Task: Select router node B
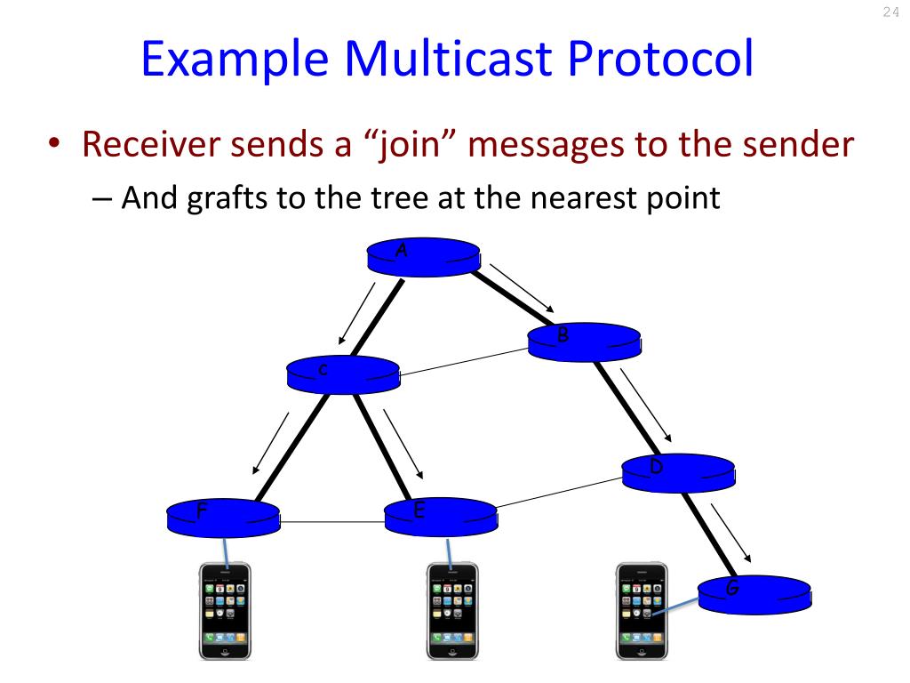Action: pos(584,341)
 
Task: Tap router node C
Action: pos(343,374)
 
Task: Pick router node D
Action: pos(678,473)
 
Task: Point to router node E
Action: pos(441,517)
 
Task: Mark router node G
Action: pos(754,593)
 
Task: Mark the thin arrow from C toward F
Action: pos(270,443)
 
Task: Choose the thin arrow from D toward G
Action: pos(730,531)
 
